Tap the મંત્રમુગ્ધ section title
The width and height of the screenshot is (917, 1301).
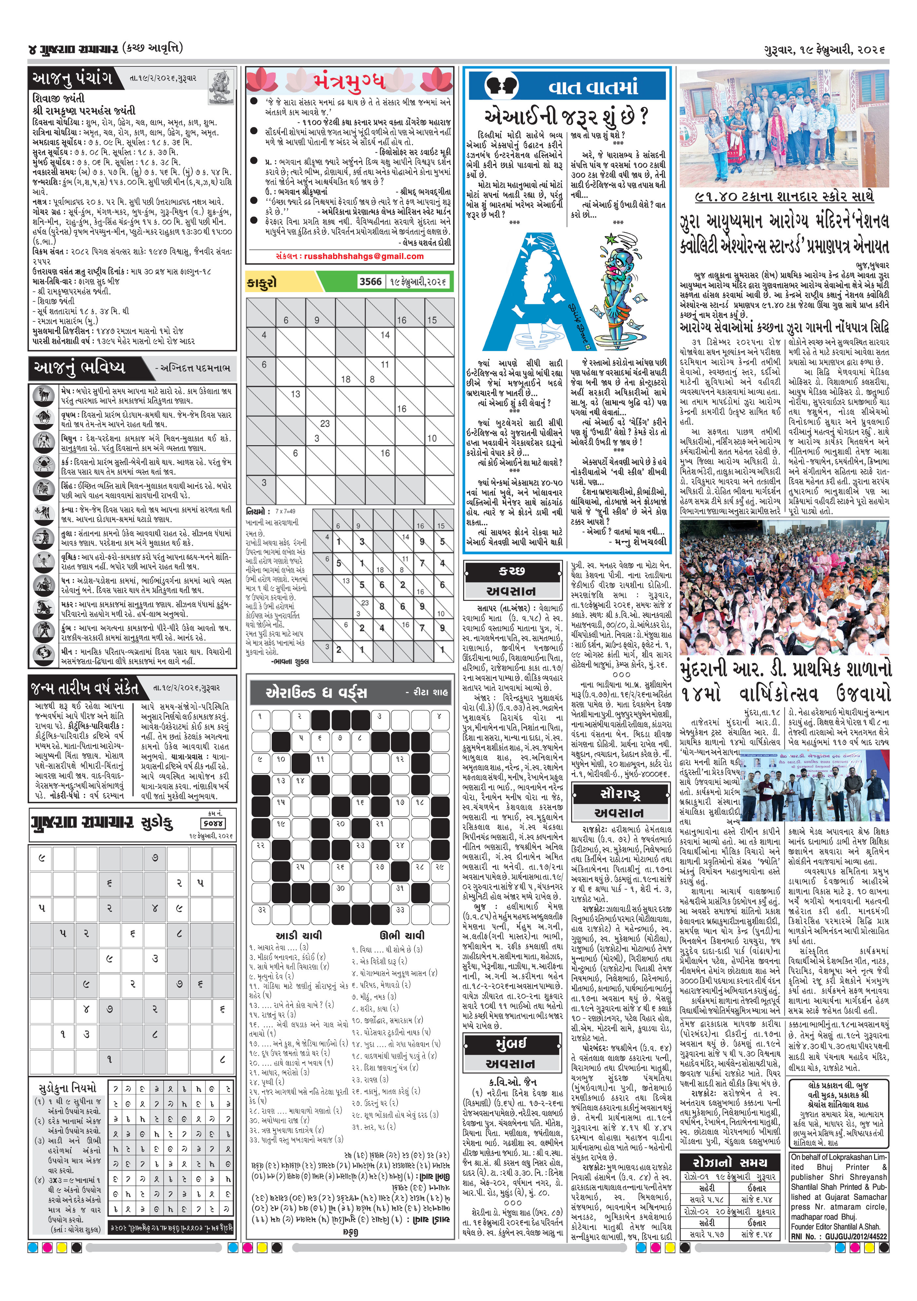pos(349,82)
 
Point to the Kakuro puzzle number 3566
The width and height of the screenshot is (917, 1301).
pos(370,281)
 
